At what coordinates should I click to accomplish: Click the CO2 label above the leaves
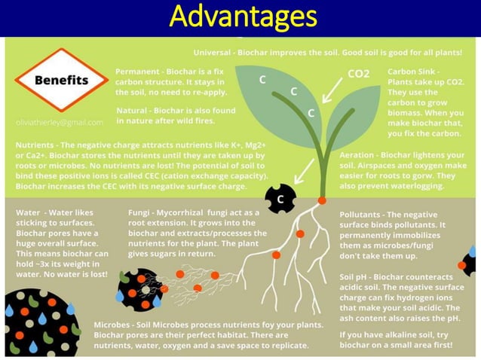coord(358,74)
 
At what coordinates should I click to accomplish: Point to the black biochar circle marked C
coord(280,199)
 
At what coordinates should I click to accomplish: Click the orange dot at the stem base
coord(322,201)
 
